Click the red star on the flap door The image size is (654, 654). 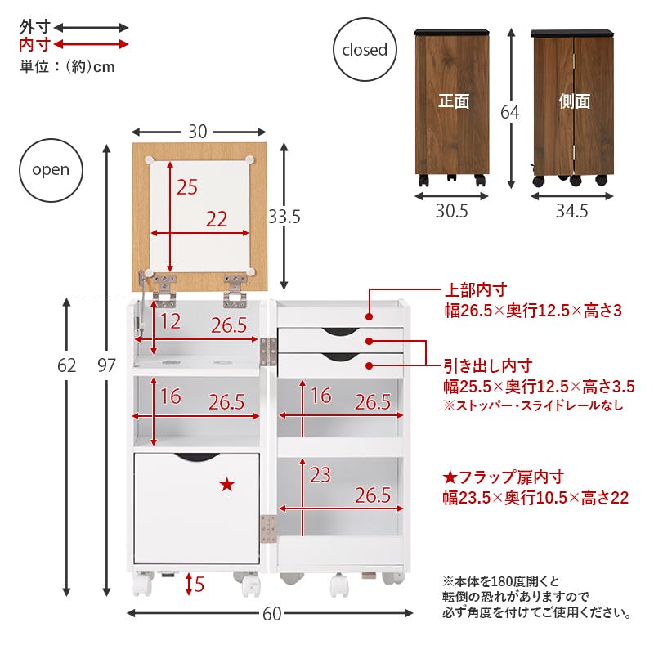click(226, 485)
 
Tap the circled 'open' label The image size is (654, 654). click(51, 170)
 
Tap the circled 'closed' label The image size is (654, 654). click(365, 50)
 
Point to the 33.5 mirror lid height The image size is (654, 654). click(284, 217)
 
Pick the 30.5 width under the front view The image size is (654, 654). click(451, 212)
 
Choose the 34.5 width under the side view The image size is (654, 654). click(571, 212)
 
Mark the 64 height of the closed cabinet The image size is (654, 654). click(509, 111)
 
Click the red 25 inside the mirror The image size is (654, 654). click(187, 187)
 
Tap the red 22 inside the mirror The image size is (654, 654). click(216, 219)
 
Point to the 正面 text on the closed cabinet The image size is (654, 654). click(454, 101)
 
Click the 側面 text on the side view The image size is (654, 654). click(574, 101)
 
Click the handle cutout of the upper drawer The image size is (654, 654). click(340, 330)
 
